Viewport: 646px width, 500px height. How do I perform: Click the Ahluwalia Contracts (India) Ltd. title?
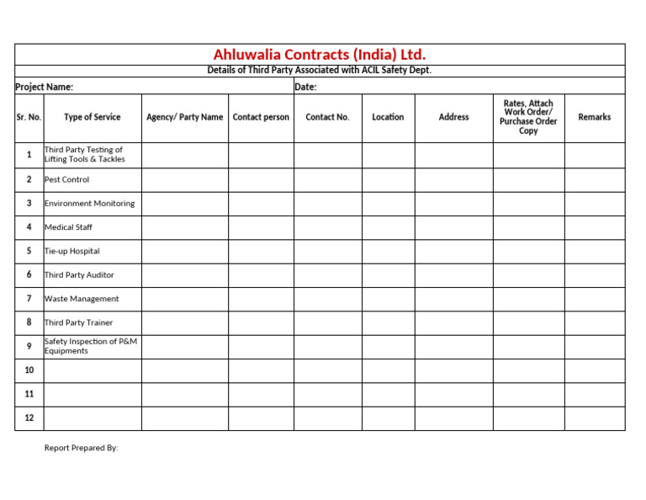click(320, 56)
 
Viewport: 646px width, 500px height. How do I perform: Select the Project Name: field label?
click(45, 87)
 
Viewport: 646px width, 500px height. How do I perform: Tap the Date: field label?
click(305, 87)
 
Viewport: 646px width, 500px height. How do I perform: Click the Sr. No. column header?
click(29, 117)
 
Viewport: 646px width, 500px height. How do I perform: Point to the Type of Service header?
click(93, 117)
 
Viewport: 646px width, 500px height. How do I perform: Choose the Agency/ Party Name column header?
click(185, 117)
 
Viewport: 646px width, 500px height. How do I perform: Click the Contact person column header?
click(261, 117)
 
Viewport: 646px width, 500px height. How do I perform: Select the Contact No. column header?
click(327, 117)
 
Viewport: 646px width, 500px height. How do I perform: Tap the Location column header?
click(388, 117)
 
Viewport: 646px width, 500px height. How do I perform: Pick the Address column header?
click(454, 117)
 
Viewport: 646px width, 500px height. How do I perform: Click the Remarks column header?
click(595, 117)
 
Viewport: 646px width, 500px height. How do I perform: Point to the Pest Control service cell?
click(67, 179)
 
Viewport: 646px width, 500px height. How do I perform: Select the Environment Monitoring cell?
click(89, 204)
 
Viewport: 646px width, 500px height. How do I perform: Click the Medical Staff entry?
click(69, 227)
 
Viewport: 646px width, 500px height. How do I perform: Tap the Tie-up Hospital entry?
click(72, 251)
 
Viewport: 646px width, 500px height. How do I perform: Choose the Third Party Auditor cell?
click(80, 275)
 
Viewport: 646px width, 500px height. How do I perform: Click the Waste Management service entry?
click(82, 299)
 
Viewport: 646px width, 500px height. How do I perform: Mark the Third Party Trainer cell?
click(79, 322)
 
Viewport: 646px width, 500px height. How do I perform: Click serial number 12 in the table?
click(29, 418)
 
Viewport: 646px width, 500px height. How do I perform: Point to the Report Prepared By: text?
click(82, 448)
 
